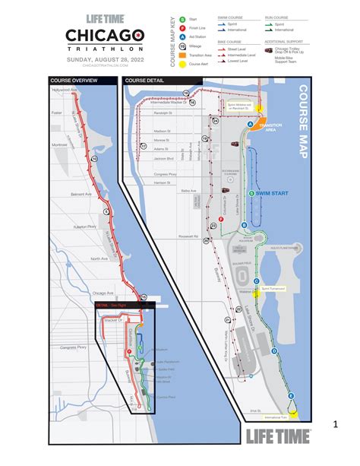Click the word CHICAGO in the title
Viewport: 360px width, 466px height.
click(104, 36)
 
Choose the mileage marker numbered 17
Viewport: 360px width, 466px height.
click(144, 147)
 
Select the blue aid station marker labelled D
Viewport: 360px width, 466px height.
click(273, 351)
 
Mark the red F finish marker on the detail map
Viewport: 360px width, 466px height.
click(219, 217)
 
